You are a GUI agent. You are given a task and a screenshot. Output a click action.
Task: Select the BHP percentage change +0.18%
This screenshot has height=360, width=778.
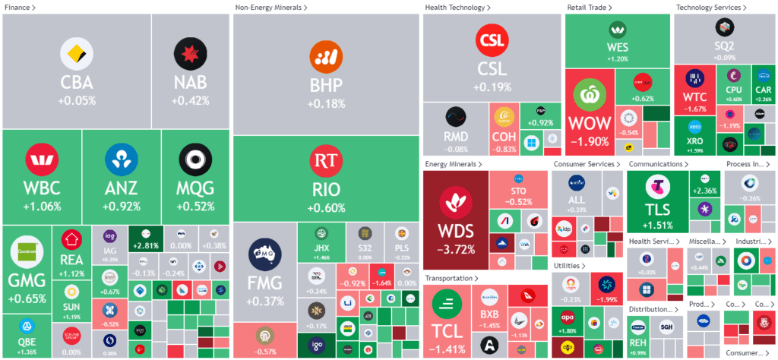(x=327, y=103)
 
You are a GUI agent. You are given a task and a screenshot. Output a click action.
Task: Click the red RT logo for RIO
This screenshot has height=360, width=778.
(x=327, y=160)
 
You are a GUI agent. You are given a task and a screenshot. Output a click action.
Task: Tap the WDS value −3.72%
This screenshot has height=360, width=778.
(x=456, y=248)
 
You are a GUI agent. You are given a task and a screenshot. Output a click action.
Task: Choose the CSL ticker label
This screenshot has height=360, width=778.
(x=492, y=69)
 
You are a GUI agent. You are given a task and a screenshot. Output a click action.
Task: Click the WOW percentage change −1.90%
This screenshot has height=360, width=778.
(x=590, y=141)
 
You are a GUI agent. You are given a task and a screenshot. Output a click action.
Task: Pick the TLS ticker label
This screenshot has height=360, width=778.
(x=657, y=210)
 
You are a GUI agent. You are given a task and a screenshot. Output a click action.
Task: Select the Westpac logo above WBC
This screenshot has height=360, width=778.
(x=42, y=160)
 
